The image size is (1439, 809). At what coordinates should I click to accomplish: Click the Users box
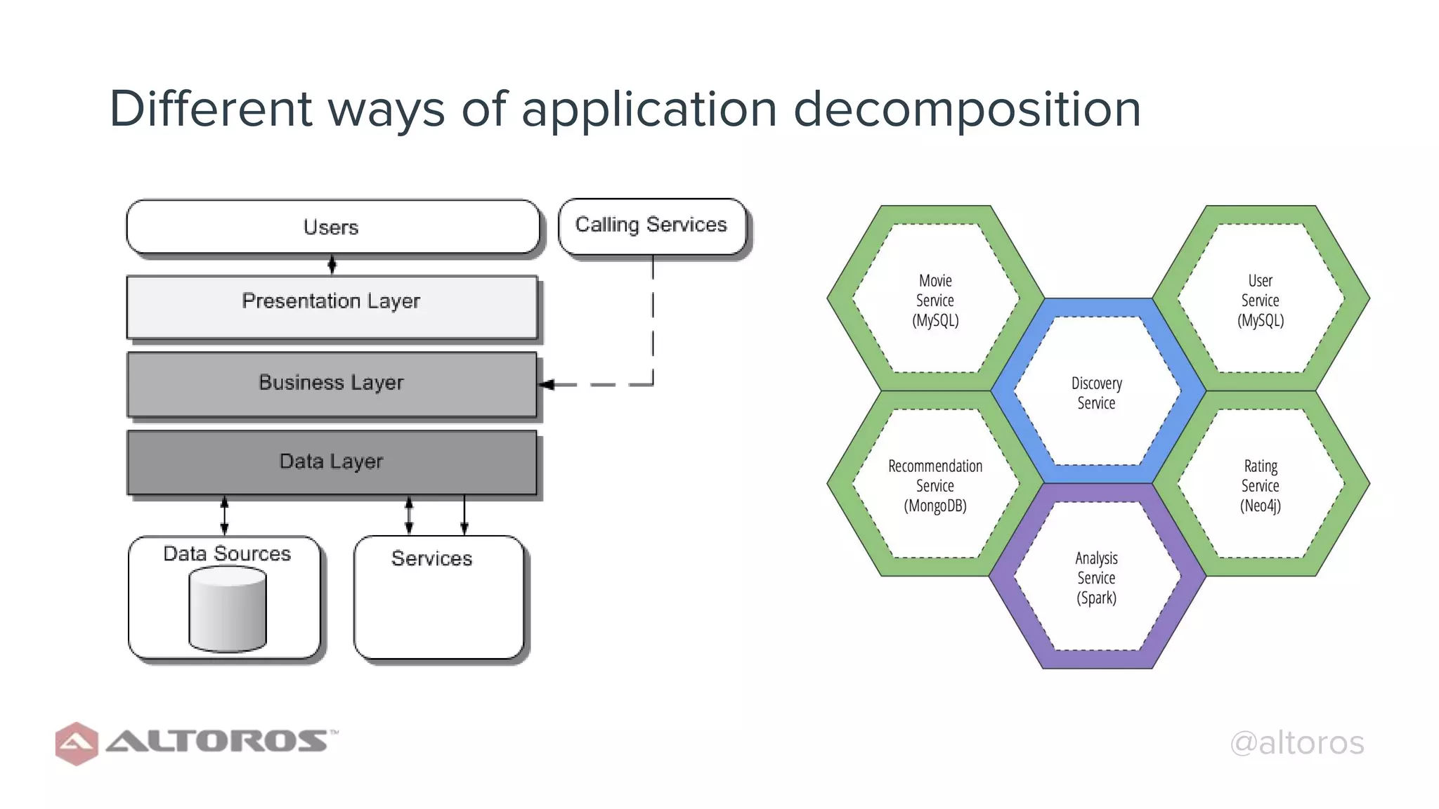[x=332, y=227]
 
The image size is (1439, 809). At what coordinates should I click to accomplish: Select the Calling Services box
[x=651, y=225]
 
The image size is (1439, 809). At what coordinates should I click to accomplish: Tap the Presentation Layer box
[x=332, y=306]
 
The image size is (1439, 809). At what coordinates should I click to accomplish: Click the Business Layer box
[x=332, y=383]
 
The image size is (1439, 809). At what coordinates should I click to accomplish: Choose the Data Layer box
[x=332, y=462]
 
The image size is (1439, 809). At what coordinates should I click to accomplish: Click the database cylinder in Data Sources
[x=228, y=610]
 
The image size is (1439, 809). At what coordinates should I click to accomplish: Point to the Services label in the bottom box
[x=431, y=558]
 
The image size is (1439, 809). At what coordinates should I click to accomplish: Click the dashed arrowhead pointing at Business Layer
[x=547, y=384]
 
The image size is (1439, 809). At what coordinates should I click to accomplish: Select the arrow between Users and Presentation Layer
[x=332, y=265]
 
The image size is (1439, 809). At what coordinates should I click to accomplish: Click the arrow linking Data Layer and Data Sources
[x=224, y=515]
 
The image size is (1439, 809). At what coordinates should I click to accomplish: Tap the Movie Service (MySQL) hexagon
[x=935, y=300]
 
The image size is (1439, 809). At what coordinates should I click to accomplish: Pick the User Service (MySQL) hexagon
[x=1261, y=300]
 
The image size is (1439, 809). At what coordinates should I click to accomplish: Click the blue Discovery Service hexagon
[x=1096, y=393]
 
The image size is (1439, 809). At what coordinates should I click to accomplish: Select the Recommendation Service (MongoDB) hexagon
[x=935, y=485]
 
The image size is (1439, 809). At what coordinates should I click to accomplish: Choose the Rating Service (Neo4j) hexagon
[x=1261, y=485]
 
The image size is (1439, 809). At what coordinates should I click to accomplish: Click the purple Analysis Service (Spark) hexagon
[x=1096, y=577]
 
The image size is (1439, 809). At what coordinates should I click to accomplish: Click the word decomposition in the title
[x=967, y=110]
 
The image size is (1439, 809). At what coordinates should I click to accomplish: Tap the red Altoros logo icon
[x=76, y=743]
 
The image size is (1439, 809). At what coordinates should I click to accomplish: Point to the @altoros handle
[x=1296, y=743]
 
